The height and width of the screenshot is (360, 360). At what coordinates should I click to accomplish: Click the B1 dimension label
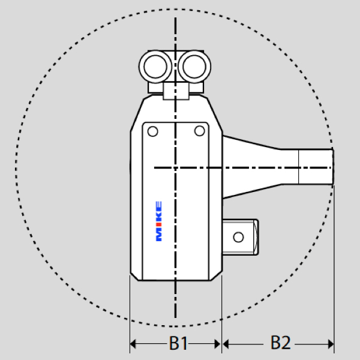[x=178, y=343]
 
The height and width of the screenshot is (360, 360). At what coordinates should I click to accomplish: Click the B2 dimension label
[x=280, y=343]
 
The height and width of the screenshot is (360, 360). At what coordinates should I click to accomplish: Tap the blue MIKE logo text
[x=159, y=221]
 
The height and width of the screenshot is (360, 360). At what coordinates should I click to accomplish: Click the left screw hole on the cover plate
[x=152, y=131]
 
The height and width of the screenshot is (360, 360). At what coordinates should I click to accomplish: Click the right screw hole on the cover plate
[x=199, y=131]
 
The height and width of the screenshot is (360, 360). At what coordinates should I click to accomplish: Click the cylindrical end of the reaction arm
[x=316, y=167]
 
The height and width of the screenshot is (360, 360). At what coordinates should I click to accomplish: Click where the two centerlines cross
[x=175, y=167]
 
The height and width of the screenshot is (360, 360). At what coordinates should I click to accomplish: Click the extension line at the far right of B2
[x=334, y=270]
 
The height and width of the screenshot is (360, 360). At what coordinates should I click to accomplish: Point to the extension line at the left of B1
[x=130, y=312]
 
